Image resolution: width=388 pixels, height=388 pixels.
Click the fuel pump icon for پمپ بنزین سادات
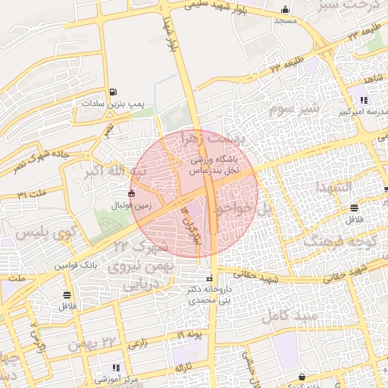pyautogui.click(x=113, y=91)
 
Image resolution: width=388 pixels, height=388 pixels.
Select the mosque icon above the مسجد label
pyautogui.click(x=284, y=10)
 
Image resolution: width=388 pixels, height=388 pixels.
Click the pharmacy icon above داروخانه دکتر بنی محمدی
pyautogui.click(x=209, y=278)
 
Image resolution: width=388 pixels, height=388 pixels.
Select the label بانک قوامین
pyautogui.click(x=75, y=266)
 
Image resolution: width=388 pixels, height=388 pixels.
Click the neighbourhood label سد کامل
pyautogui.click(x=285, y=317)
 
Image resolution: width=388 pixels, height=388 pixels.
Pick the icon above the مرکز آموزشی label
pyautogui.click(x=115, y=368)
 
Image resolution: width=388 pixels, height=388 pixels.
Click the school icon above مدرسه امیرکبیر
pyautogui.click(x=364, y=99)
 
